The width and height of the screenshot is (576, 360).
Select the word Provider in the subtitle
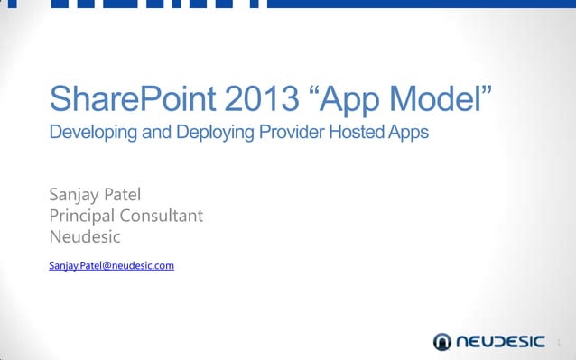click(289, 134)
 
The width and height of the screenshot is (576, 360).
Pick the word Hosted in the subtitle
click(356, 134)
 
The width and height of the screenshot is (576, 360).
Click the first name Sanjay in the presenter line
click(72, 194)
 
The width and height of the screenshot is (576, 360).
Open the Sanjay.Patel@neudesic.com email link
click(111, 265)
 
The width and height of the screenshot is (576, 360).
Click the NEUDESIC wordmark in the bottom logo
click(501, 341)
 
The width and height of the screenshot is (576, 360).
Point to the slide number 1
click(559, 342)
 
